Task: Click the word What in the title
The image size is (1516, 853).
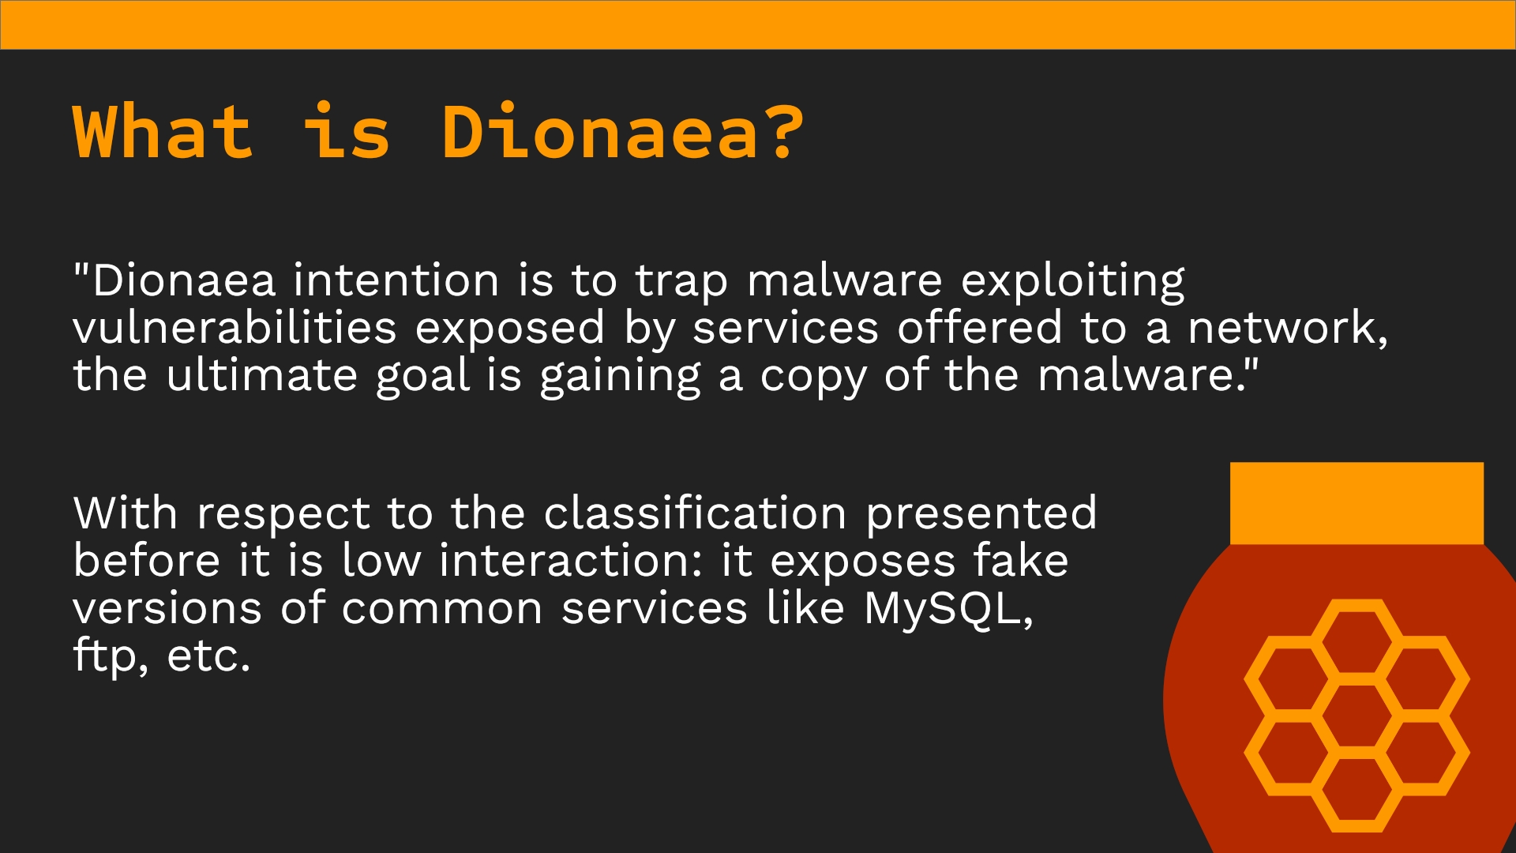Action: (x=163, y=131)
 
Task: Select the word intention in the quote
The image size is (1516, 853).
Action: (x=396, y=280)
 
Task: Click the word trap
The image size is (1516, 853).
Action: (x=681, y=284)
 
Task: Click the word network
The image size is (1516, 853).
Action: (x=1288, y=329)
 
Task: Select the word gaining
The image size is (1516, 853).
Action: (x=620, y=377)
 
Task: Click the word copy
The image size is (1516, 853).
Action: (x=813, y=378)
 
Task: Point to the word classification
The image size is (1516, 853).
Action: (x=695, y=513)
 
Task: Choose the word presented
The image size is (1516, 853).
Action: (x=981, y=515)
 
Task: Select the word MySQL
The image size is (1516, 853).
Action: (x=948, y=610)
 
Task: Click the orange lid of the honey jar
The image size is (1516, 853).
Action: (x=1357, y=504)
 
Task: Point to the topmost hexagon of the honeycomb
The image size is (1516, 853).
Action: (x=1357, y=639)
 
